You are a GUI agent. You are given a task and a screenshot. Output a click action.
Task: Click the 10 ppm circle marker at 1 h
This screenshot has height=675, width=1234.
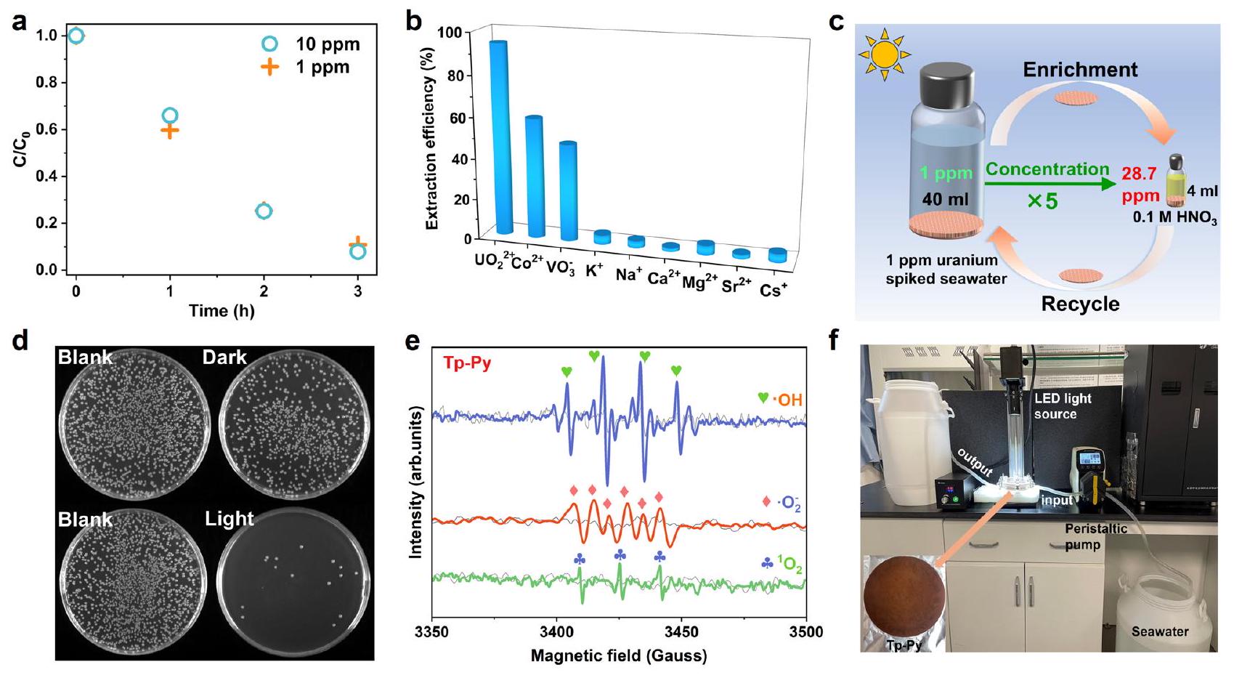[x=169, y=115]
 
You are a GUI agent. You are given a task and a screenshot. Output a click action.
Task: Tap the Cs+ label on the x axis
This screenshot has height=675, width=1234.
[x=773, y=291]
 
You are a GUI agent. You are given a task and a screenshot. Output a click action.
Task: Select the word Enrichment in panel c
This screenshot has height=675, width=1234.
[x=1080, y=70]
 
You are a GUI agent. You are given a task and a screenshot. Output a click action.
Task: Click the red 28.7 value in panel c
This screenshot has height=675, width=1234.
[x=1139, y=175]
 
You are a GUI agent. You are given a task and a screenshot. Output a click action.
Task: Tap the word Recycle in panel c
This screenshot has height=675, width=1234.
[x=1080, y=303]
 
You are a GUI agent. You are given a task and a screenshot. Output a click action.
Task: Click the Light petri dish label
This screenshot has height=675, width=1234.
[x=229, y=519]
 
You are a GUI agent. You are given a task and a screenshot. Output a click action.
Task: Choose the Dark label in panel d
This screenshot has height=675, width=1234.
[x=224, y=357]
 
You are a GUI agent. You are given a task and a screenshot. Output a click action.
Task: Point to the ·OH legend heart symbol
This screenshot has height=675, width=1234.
[x=763, y=398]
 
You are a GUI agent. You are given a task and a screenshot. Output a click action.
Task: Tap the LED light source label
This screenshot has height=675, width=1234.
[x=1063, y=406]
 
